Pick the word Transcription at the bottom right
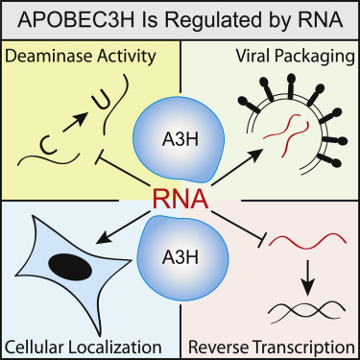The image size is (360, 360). [305, 345]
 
